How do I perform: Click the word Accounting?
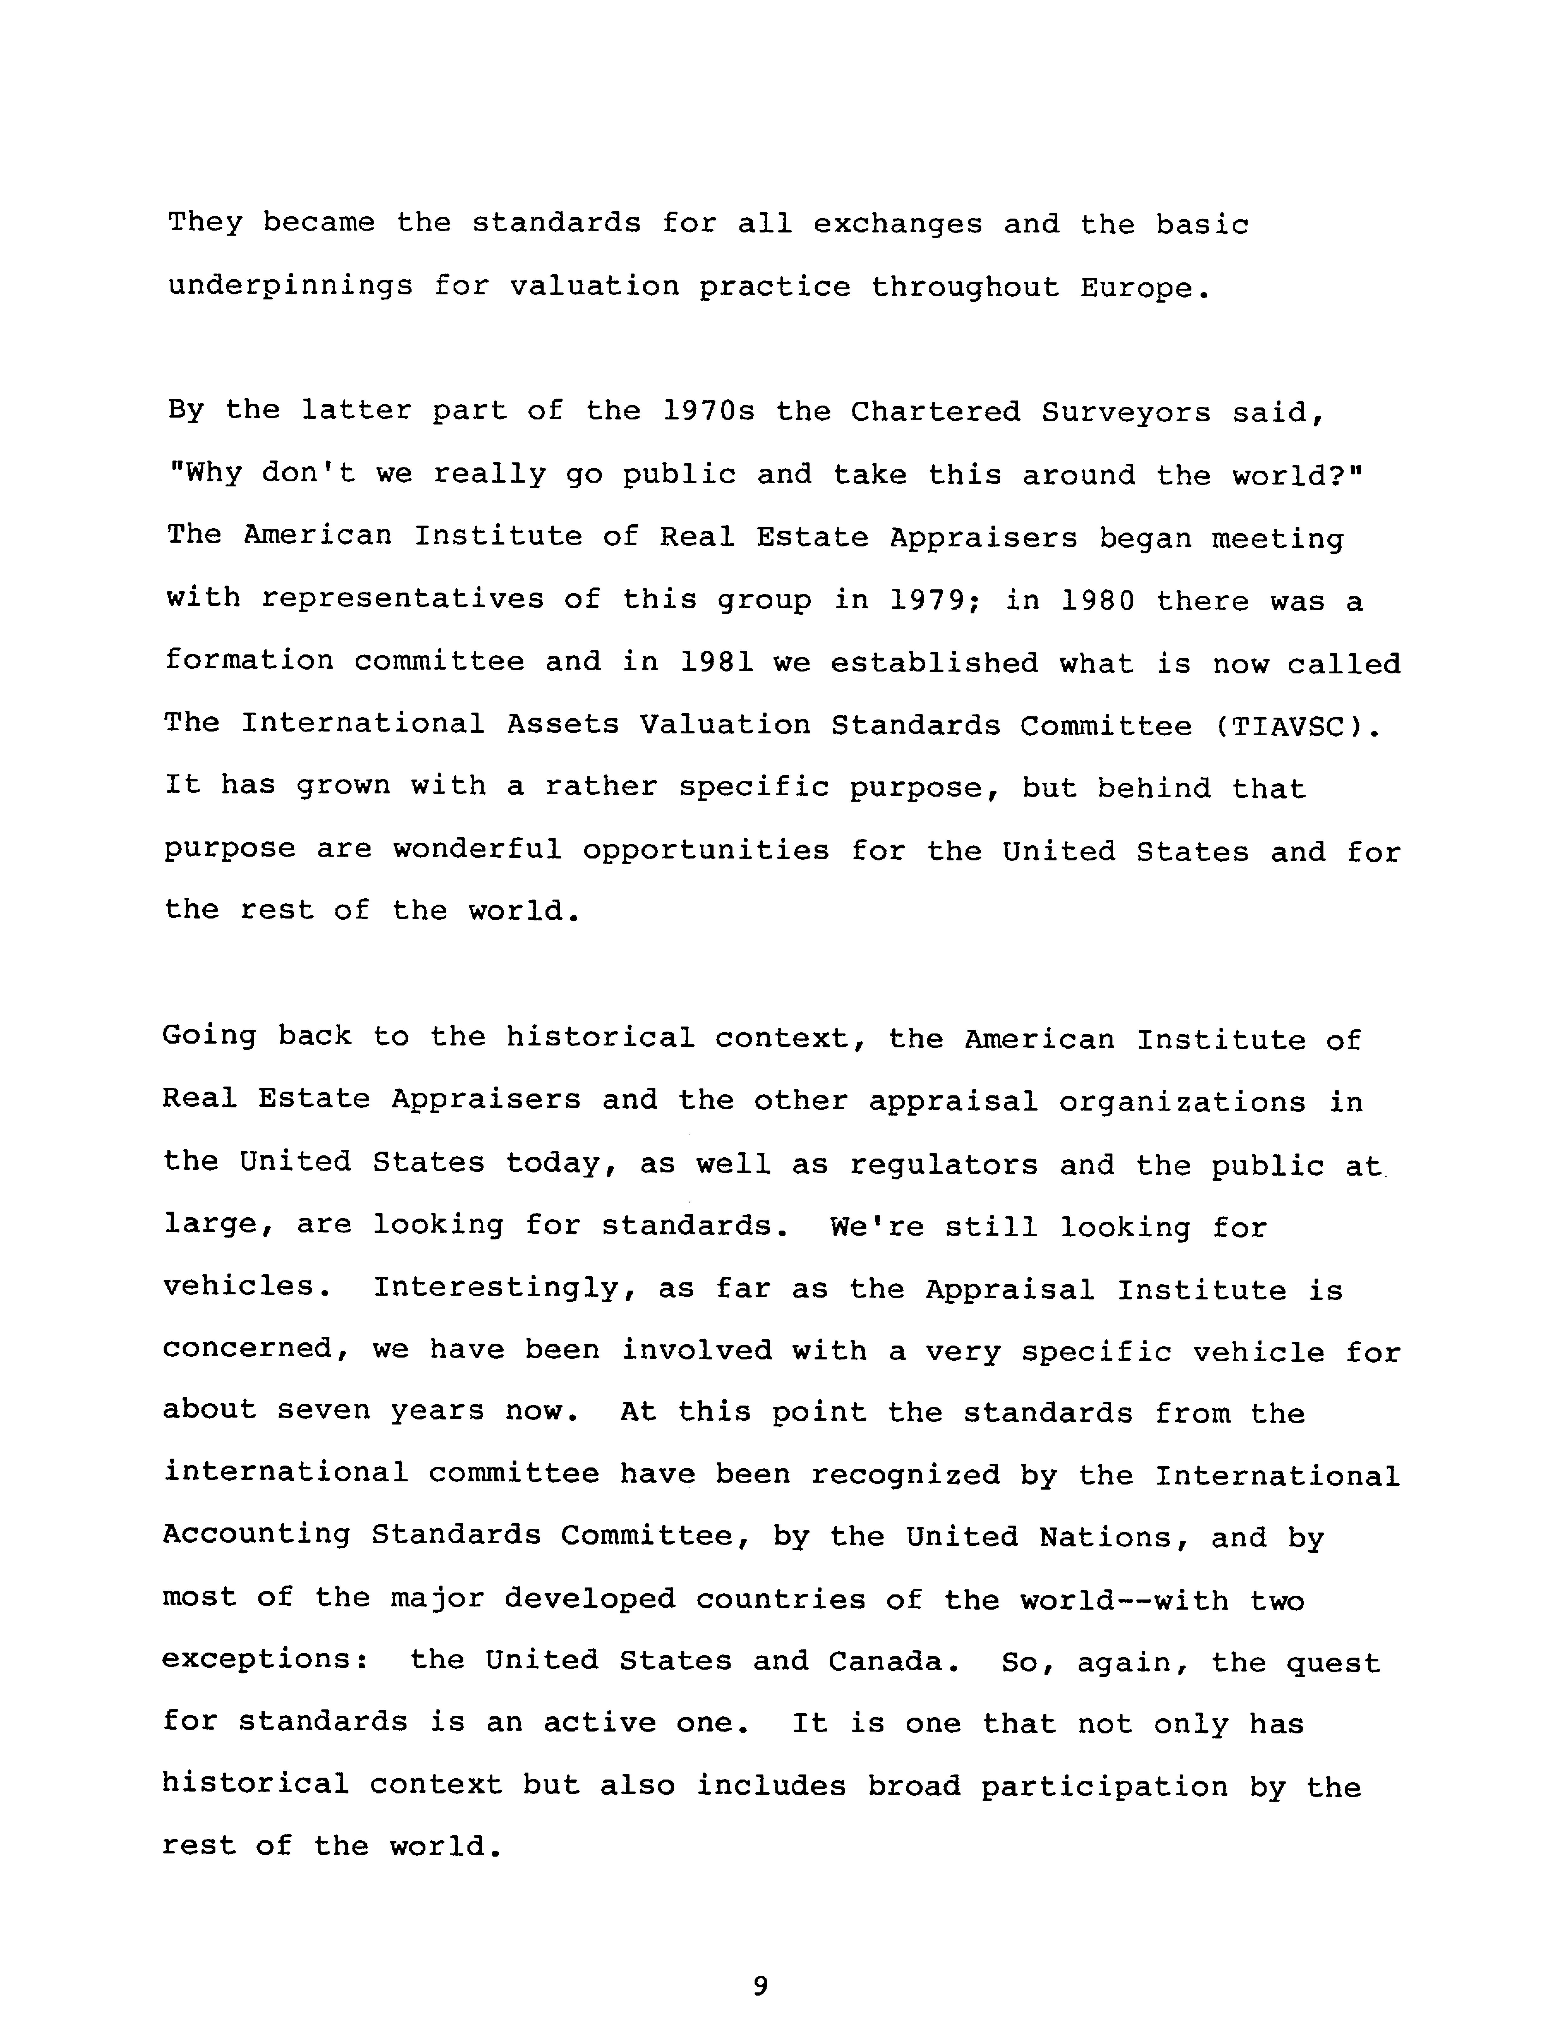[257, 1536]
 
